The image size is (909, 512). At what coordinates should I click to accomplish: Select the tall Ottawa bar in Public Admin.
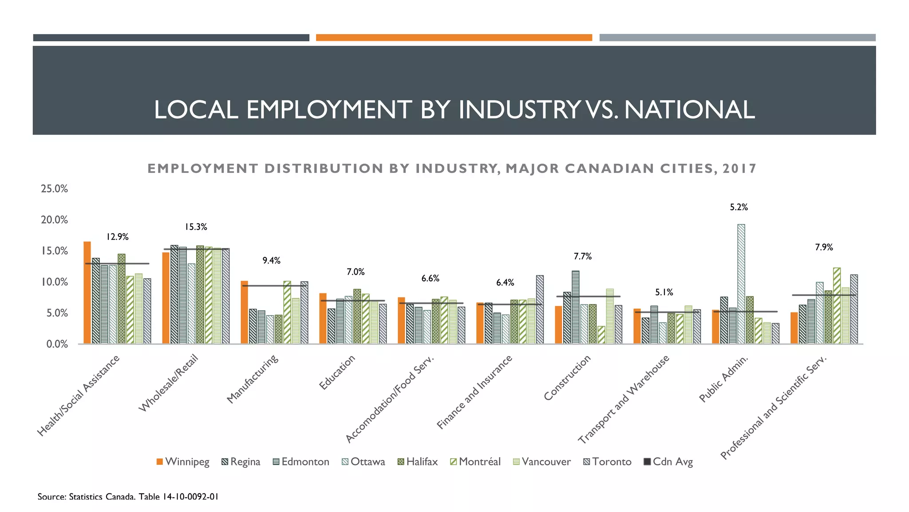(x=741, y=284)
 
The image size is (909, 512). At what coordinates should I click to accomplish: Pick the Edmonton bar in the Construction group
(x=576, y=307)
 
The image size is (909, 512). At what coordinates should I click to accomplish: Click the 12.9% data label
(x=117, y=237)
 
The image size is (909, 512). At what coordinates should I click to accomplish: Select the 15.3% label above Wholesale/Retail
(x=196, y=227)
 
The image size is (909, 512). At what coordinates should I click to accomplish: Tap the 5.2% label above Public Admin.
(x=739, y=207)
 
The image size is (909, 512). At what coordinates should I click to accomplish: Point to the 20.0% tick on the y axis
(x=55, y=220)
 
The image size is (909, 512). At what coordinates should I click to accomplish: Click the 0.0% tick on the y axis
(x=57, y=344)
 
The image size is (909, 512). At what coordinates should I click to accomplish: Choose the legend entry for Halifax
(x=417, y=462)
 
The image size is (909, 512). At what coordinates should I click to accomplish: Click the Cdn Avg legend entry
(x=668, y=462)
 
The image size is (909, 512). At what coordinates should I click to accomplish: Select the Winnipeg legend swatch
(x=160, y=462)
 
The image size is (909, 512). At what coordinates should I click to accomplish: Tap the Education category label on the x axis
(x=337, y=372)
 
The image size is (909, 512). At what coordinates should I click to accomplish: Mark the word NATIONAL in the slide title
(x=689, y=109)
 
